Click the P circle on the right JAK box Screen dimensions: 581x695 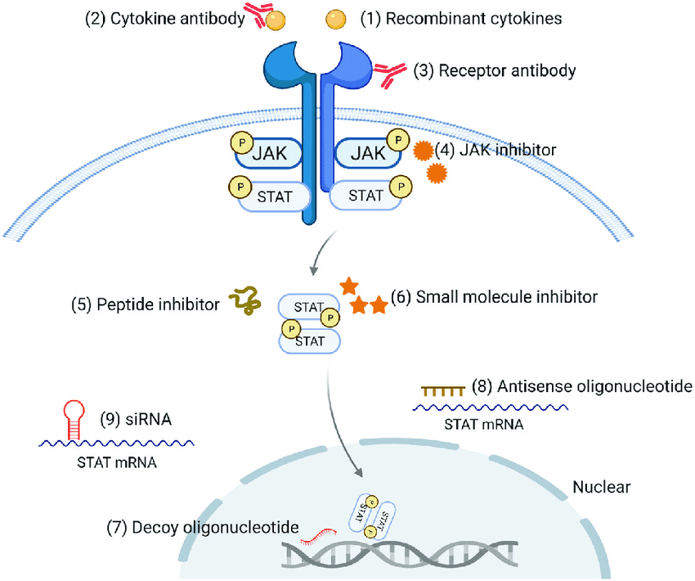398,141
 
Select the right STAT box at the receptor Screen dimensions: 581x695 365,196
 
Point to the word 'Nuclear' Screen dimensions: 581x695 601,488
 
